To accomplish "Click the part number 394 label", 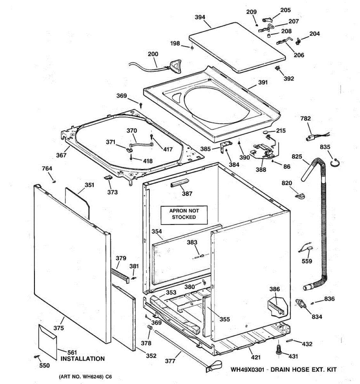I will (200, 17).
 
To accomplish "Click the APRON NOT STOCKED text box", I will (184, 214).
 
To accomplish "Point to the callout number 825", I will (297, 156).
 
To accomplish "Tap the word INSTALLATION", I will (83, 359).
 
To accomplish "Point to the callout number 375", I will (59, 328).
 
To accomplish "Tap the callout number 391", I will (263, 83).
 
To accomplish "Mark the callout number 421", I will (256, 357).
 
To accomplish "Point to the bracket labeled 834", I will (301, 303).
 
